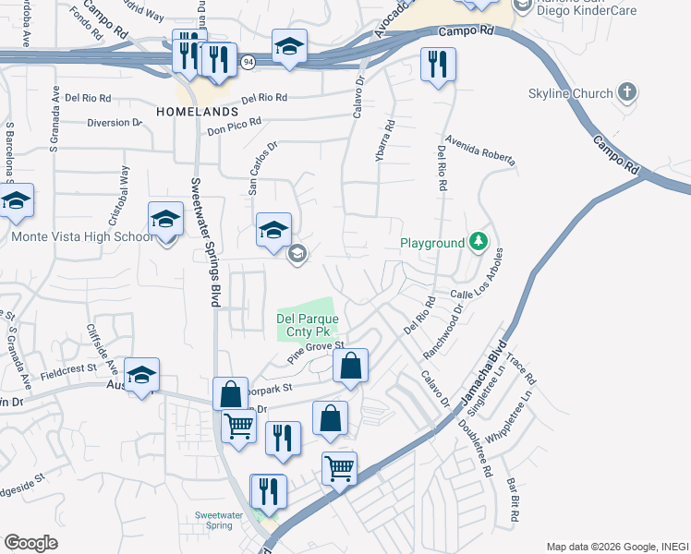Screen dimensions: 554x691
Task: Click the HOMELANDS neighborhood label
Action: [198, 112]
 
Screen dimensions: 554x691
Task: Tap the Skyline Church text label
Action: [570, 93]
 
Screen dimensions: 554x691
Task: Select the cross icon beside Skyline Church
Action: [627, 92]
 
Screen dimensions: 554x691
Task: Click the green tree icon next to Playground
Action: [478, 243]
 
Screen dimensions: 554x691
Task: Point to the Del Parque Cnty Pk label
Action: [308, 325]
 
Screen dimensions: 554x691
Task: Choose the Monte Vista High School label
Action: [82, 236]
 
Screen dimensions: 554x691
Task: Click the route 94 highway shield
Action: [249, 61]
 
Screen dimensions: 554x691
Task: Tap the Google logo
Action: [30, 542]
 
